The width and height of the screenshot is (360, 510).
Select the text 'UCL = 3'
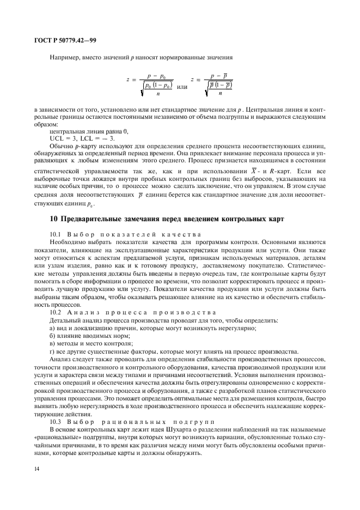click(x=61, y=138)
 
